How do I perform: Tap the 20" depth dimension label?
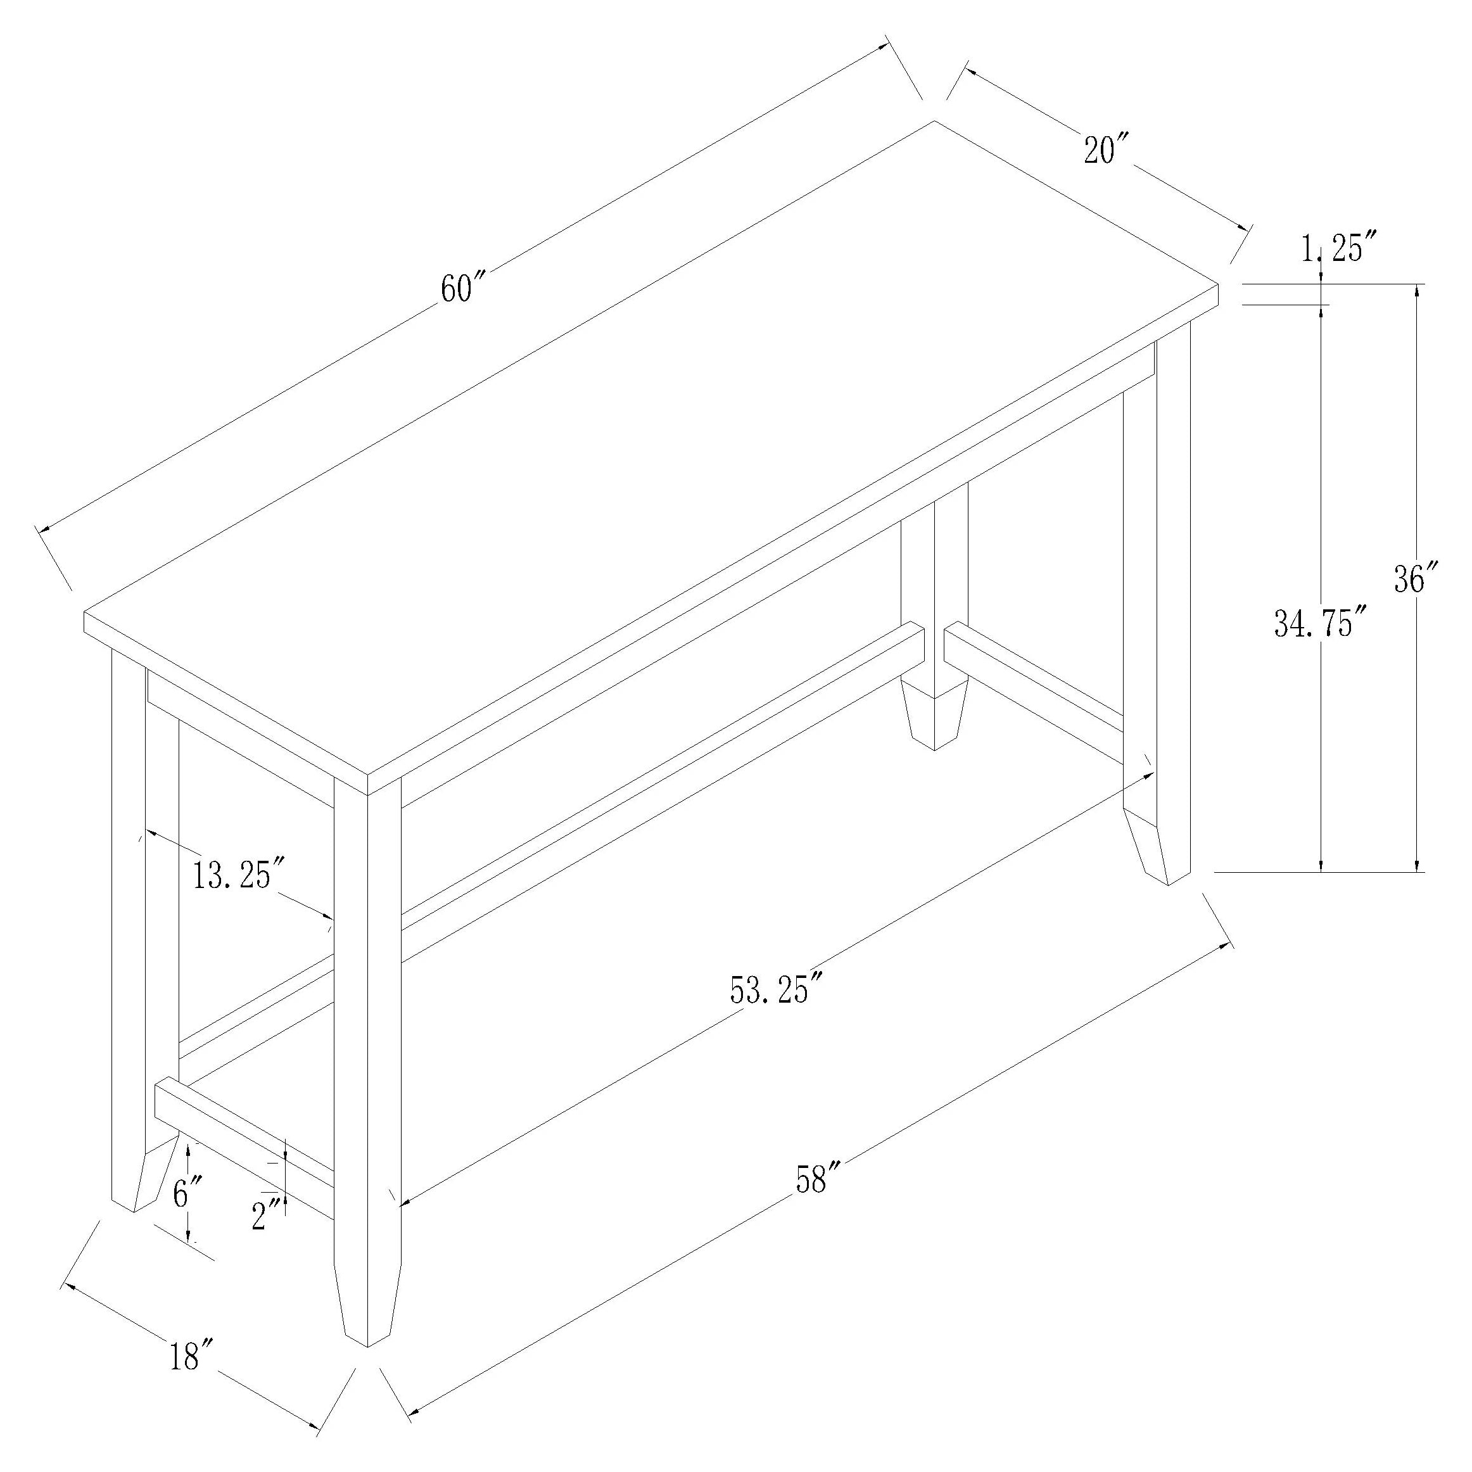1107,149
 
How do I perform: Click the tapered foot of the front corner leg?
367,1310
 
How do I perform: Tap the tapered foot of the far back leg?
934,714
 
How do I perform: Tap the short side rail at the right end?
1032,676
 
